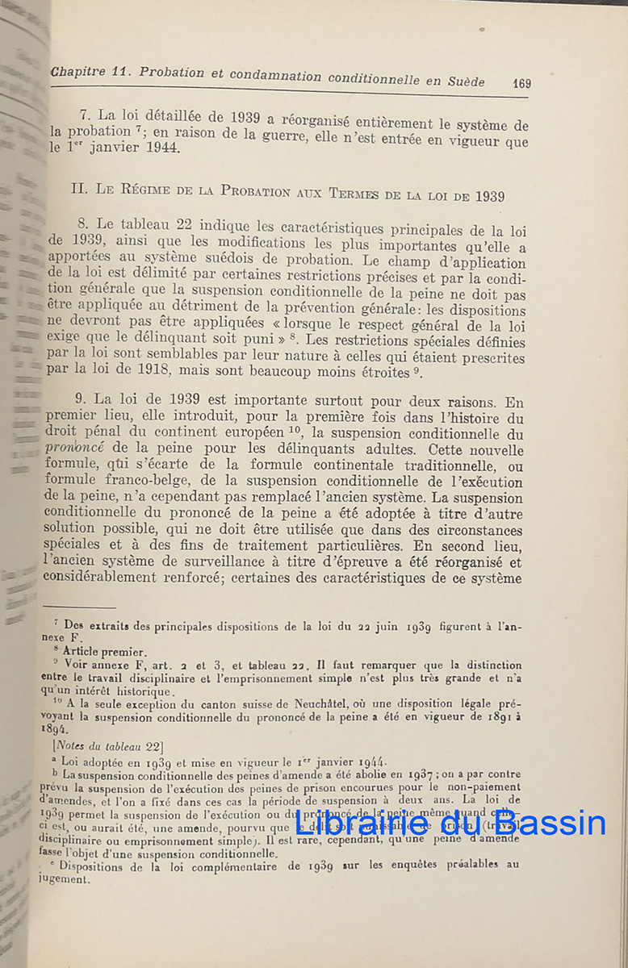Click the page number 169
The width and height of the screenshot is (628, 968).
pos(521,83)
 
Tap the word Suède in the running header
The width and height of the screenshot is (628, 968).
pos(464,81)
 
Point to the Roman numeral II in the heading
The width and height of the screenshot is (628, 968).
pos(78,190)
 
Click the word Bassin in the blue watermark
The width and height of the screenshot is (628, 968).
pos(540,824)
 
